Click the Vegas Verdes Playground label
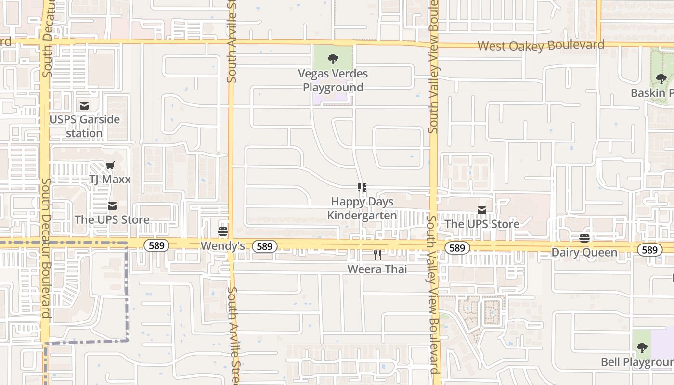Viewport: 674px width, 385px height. pos(333,80)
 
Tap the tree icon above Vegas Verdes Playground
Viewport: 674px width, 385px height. pos(333,59)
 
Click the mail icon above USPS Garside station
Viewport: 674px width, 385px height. pos(84,106)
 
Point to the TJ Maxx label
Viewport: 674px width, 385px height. pos(110,180)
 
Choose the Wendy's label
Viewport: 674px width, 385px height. pos(222,246)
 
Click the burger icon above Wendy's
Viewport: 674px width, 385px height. pos(222,231)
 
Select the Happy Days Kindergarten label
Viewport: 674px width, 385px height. pos(362,208)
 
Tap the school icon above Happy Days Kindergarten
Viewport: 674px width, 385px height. pos(362,187)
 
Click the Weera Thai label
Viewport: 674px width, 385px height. pos(377,269)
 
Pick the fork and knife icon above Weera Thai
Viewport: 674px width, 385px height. pos(377,255)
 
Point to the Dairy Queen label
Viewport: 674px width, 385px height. pos(584,253)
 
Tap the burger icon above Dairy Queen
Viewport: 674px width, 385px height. pos(584,238)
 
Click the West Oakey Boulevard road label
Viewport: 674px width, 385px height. pos(541,46)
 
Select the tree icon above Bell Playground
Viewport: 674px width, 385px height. pos(642,347)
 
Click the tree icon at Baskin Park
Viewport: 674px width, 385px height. pos(661,78)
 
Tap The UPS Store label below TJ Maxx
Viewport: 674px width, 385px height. pos(112,220)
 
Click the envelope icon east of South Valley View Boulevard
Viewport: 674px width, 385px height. pos(481,210)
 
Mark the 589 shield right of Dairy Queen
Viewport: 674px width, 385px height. pos(649,250)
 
